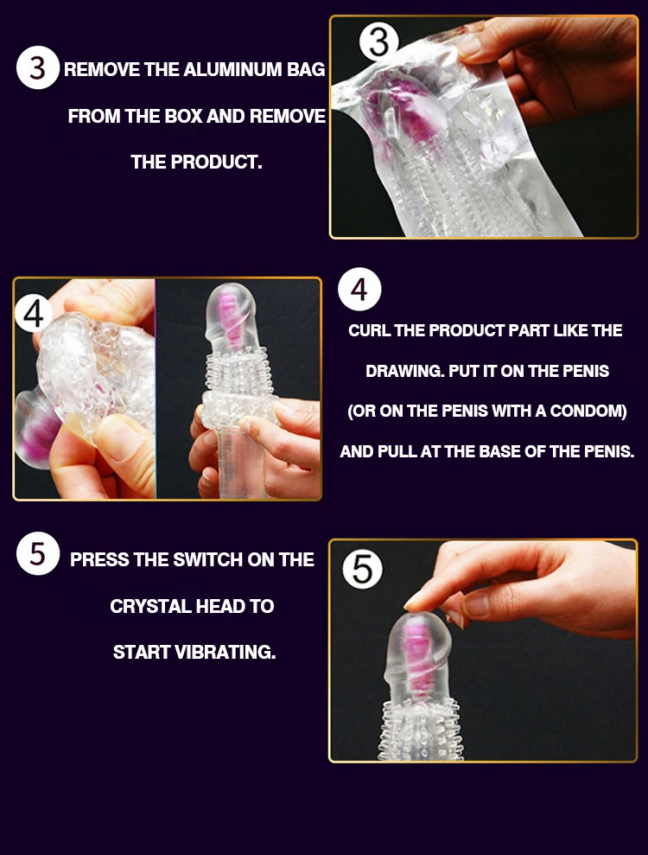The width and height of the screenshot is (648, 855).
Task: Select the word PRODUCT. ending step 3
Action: coord(216,162)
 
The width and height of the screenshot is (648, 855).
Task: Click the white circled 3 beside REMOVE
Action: coord(38,67)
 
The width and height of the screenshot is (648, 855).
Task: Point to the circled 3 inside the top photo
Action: coord(378,42)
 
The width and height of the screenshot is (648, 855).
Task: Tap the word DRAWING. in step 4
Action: coord(405,372)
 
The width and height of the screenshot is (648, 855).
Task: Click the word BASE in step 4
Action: coord(499,451)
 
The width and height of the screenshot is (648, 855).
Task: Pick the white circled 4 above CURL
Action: coord(359,289)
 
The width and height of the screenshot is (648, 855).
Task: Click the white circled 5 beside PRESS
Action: coord(38,553)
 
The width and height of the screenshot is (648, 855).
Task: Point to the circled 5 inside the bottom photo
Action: coord(363,569)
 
